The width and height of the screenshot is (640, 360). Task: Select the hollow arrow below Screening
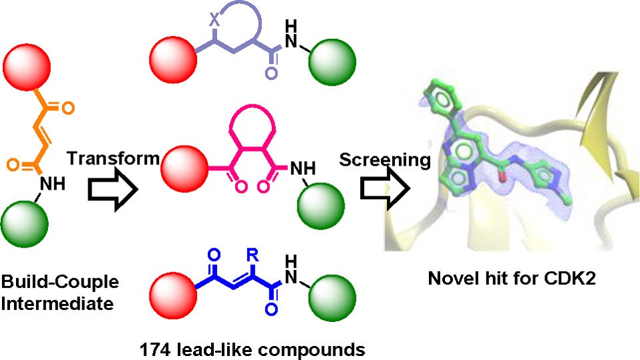coord(385,190)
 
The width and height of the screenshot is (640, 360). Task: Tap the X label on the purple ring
coord(214,20)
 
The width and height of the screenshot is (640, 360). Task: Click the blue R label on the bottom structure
coord(252,256)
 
